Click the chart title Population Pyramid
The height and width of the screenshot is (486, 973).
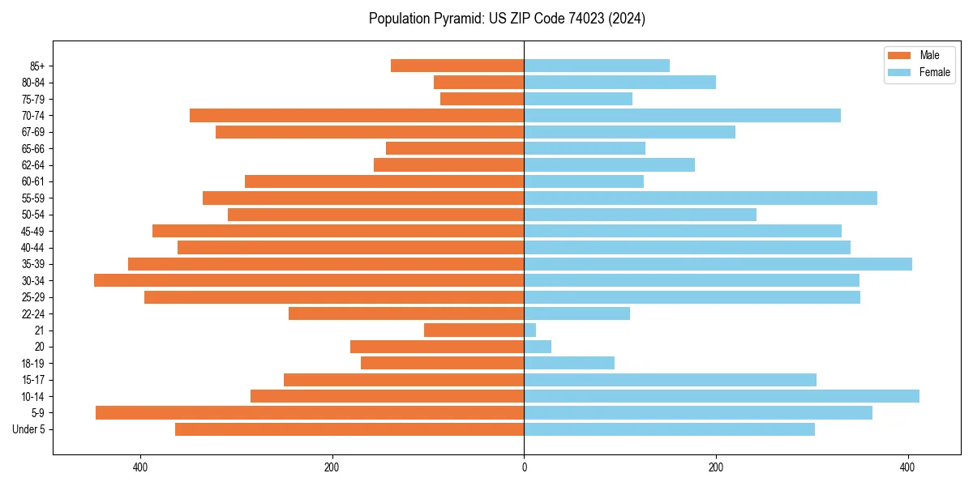(507, 19)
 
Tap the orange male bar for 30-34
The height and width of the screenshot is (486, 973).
(309, 280)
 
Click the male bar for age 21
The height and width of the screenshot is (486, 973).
(474, 330)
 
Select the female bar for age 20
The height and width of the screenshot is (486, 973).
(538, 347)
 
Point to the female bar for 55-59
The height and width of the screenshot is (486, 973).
(701, 198)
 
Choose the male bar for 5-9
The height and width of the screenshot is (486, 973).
(310, 412)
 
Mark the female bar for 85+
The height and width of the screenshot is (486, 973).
(597, 66)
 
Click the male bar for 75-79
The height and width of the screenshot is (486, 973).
(482, 99)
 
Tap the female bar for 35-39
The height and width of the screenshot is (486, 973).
(718, 264)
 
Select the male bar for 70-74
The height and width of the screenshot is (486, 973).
(357, 115)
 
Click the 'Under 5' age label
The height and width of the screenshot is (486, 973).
(28, 429)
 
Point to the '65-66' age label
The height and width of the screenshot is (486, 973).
(33, 148)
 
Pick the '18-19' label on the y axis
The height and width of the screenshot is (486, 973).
(33, 364)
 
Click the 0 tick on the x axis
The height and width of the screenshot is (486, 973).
(524, 467)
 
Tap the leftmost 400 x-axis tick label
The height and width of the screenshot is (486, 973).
(140, 467)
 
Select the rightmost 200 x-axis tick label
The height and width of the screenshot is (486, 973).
(716, 467)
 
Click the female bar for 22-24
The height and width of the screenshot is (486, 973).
(577, 313)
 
